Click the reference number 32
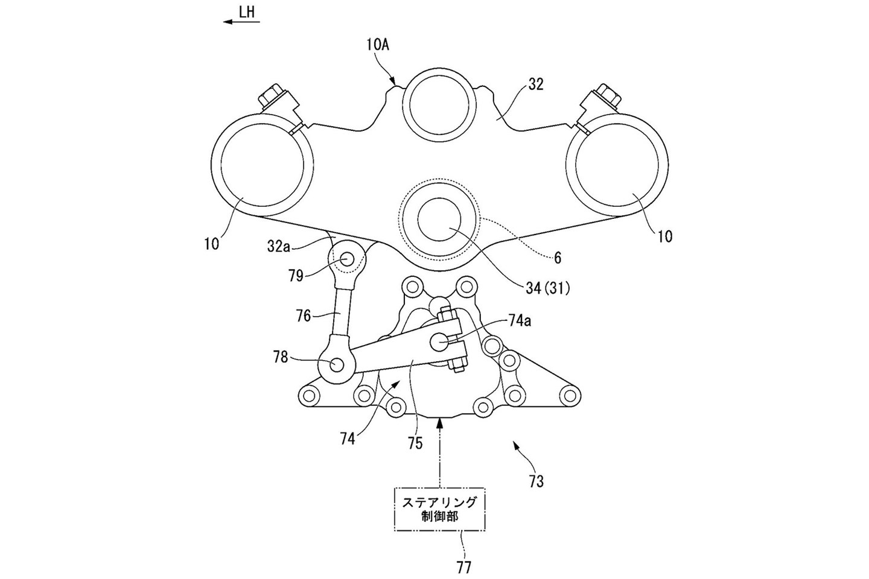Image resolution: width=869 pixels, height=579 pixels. [535, 84]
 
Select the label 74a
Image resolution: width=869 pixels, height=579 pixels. [520, 321]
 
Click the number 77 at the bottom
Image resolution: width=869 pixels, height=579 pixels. [464, 567]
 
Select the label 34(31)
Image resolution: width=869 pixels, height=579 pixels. [547, 289]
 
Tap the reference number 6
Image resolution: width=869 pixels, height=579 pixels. [558, 258]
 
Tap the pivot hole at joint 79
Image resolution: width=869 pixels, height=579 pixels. [348, 259]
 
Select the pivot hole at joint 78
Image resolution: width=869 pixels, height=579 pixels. [337, 364]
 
